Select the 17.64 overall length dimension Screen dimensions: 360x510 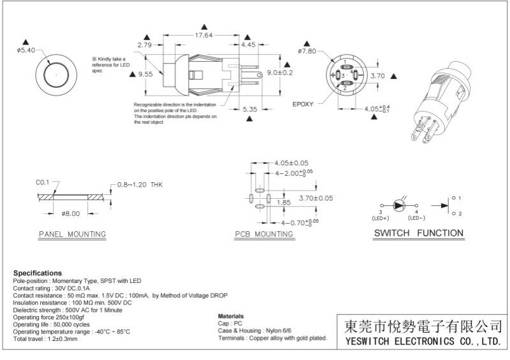tap(204, 35)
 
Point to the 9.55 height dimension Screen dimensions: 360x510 tap(145, 74)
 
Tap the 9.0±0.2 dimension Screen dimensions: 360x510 tap(279, 73)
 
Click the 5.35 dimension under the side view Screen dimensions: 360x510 tap(250, 110)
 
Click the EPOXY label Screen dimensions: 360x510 tap(303, 104)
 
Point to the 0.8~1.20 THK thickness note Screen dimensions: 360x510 tap(140, 185)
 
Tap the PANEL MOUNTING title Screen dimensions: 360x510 tap(71, 234)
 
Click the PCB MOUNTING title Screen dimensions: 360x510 tap(264, 234)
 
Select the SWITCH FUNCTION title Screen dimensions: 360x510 tap(418, 233)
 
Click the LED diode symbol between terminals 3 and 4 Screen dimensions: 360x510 tap(399, 205)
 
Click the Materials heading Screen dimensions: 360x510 tap(230, 316)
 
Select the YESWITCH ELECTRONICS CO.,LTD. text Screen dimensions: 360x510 tap(421, 342)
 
